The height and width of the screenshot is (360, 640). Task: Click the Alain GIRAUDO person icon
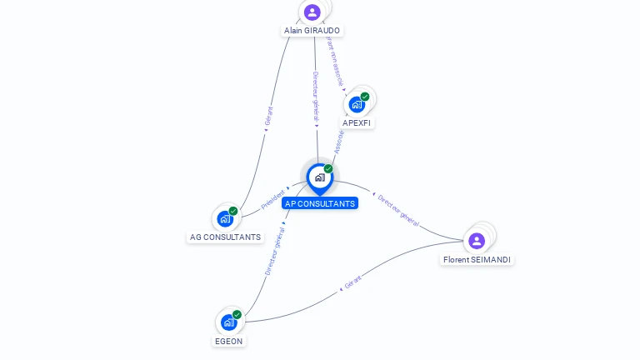coord(312,12)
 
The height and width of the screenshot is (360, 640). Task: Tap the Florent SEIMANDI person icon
coord(477,241)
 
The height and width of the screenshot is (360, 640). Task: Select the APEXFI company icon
coord(357,104)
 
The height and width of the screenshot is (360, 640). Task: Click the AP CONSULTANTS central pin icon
coord(319,177)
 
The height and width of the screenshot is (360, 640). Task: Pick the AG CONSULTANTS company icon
coord(225,218)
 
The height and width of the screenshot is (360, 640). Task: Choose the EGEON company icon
coord(228,322)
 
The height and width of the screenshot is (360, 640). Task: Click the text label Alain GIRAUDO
coord(312,30)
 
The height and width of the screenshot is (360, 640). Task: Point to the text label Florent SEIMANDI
coord(477,260)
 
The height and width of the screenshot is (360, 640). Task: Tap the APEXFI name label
coord(357,122)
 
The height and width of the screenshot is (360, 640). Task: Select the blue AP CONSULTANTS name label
coord(320,203)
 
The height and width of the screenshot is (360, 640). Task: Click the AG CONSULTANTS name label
coord(225,237)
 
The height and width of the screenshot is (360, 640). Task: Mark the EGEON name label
coord(228,341)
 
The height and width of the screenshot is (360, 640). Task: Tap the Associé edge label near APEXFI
coord(339,141)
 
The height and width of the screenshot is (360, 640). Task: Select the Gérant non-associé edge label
coord(335,60)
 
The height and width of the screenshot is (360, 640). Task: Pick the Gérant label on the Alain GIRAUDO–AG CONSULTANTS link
coord(268,116)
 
